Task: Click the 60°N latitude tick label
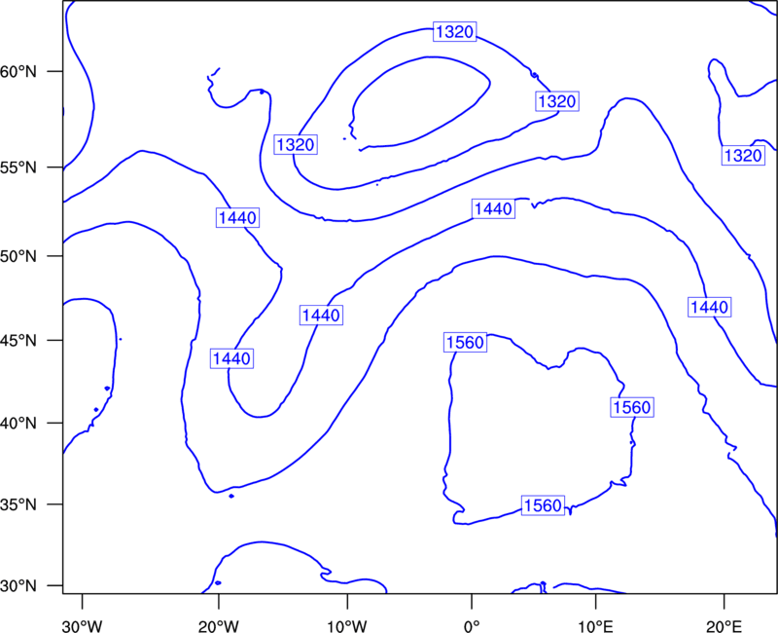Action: (18, 72)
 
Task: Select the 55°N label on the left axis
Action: (18, 168)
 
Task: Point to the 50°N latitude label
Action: (18, 256)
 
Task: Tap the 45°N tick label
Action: (18, 341)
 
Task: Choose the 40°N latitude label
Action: (18, 424)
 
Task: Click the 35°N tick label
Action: (18, 504)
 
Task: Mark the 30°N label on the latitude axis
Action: (18, 586)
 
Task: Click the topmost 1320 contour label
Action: (454, 32)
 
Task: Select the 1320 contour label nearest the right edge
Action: (743, 156)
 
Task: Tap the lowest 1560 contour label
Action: (543, 505)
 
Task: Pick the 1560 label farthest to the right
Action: (631, 407)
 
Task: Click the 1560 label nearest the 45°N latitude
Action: (465, 343)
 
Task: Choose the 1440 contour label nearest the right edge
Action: (710, 307)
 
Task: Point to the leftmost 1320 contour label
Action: (296, 144)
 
